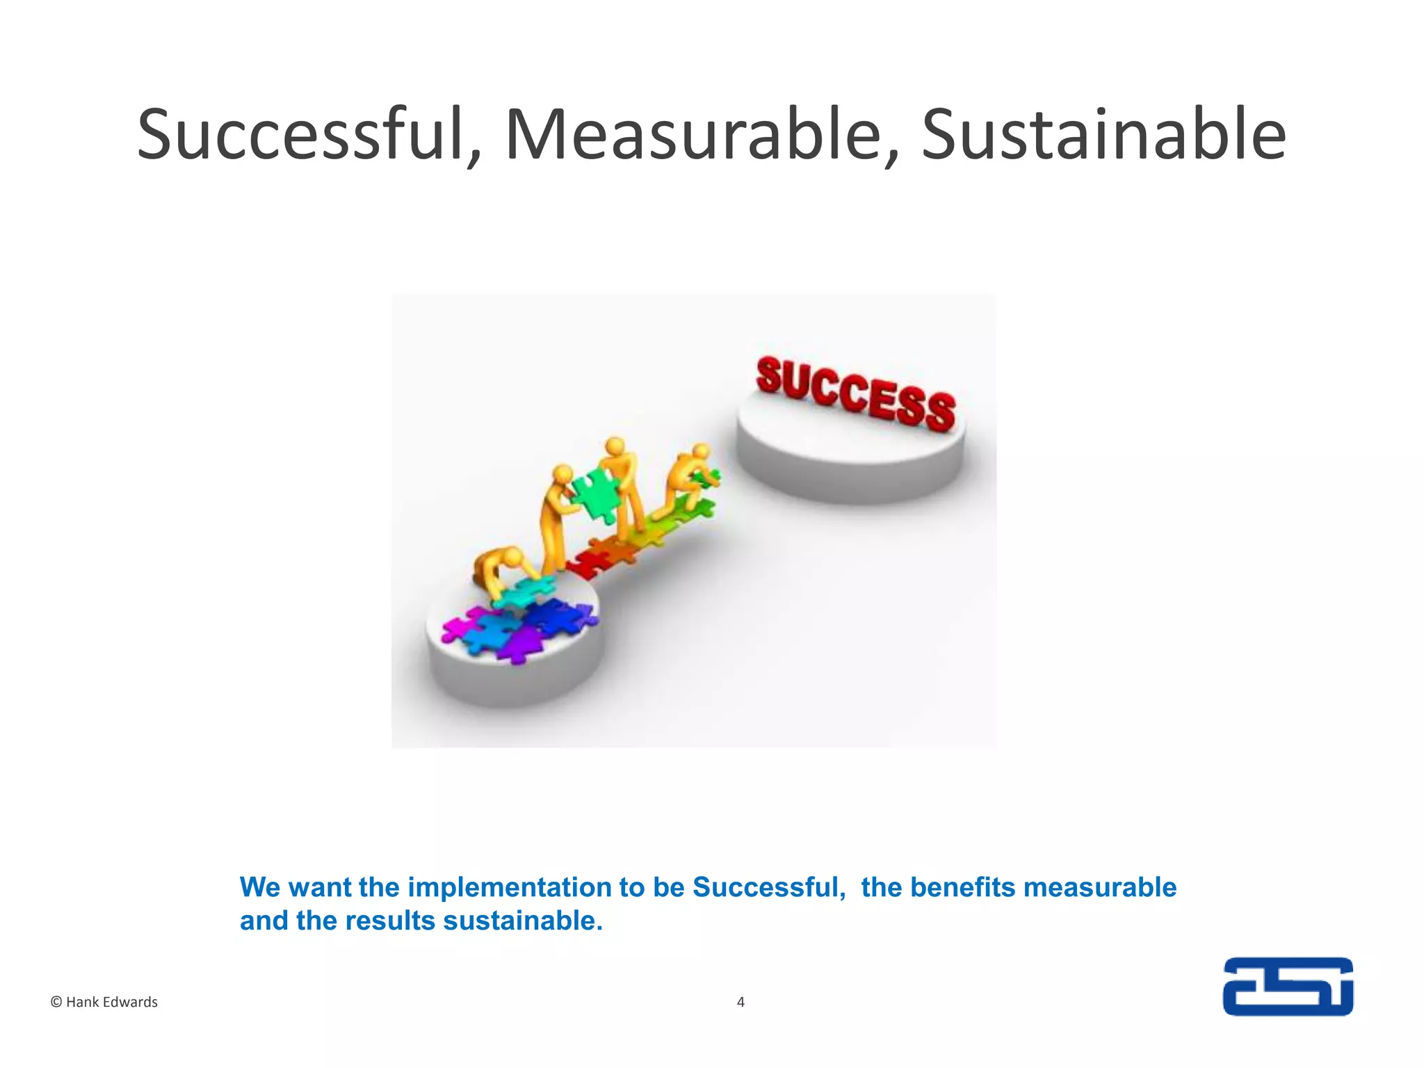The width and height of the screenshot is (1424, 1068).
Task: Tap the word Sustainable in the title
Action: click(x=1103, y=135)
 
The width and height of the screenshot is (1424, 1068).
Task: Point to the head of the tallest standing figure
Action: click(x=615, y=446)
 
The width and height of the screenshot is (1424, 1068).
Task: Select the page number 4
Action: click(x=741, y=1002)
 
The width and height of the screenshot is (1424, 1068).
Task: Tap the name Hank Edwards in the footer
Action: click(x=112, y=1002)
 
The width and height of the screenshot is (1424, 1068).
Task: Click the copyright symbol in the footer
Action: click(x=56, y=1002)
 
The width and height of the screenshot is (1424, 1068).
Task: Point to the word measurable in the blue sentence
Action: click(x=1100, y=888)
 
